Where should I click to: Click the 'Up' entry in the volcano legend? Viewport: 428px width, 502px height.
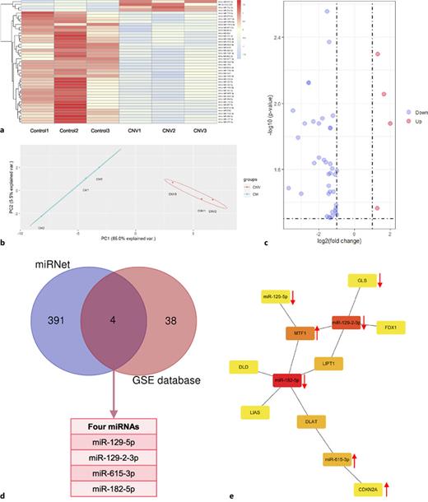(x=414, y=122)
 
